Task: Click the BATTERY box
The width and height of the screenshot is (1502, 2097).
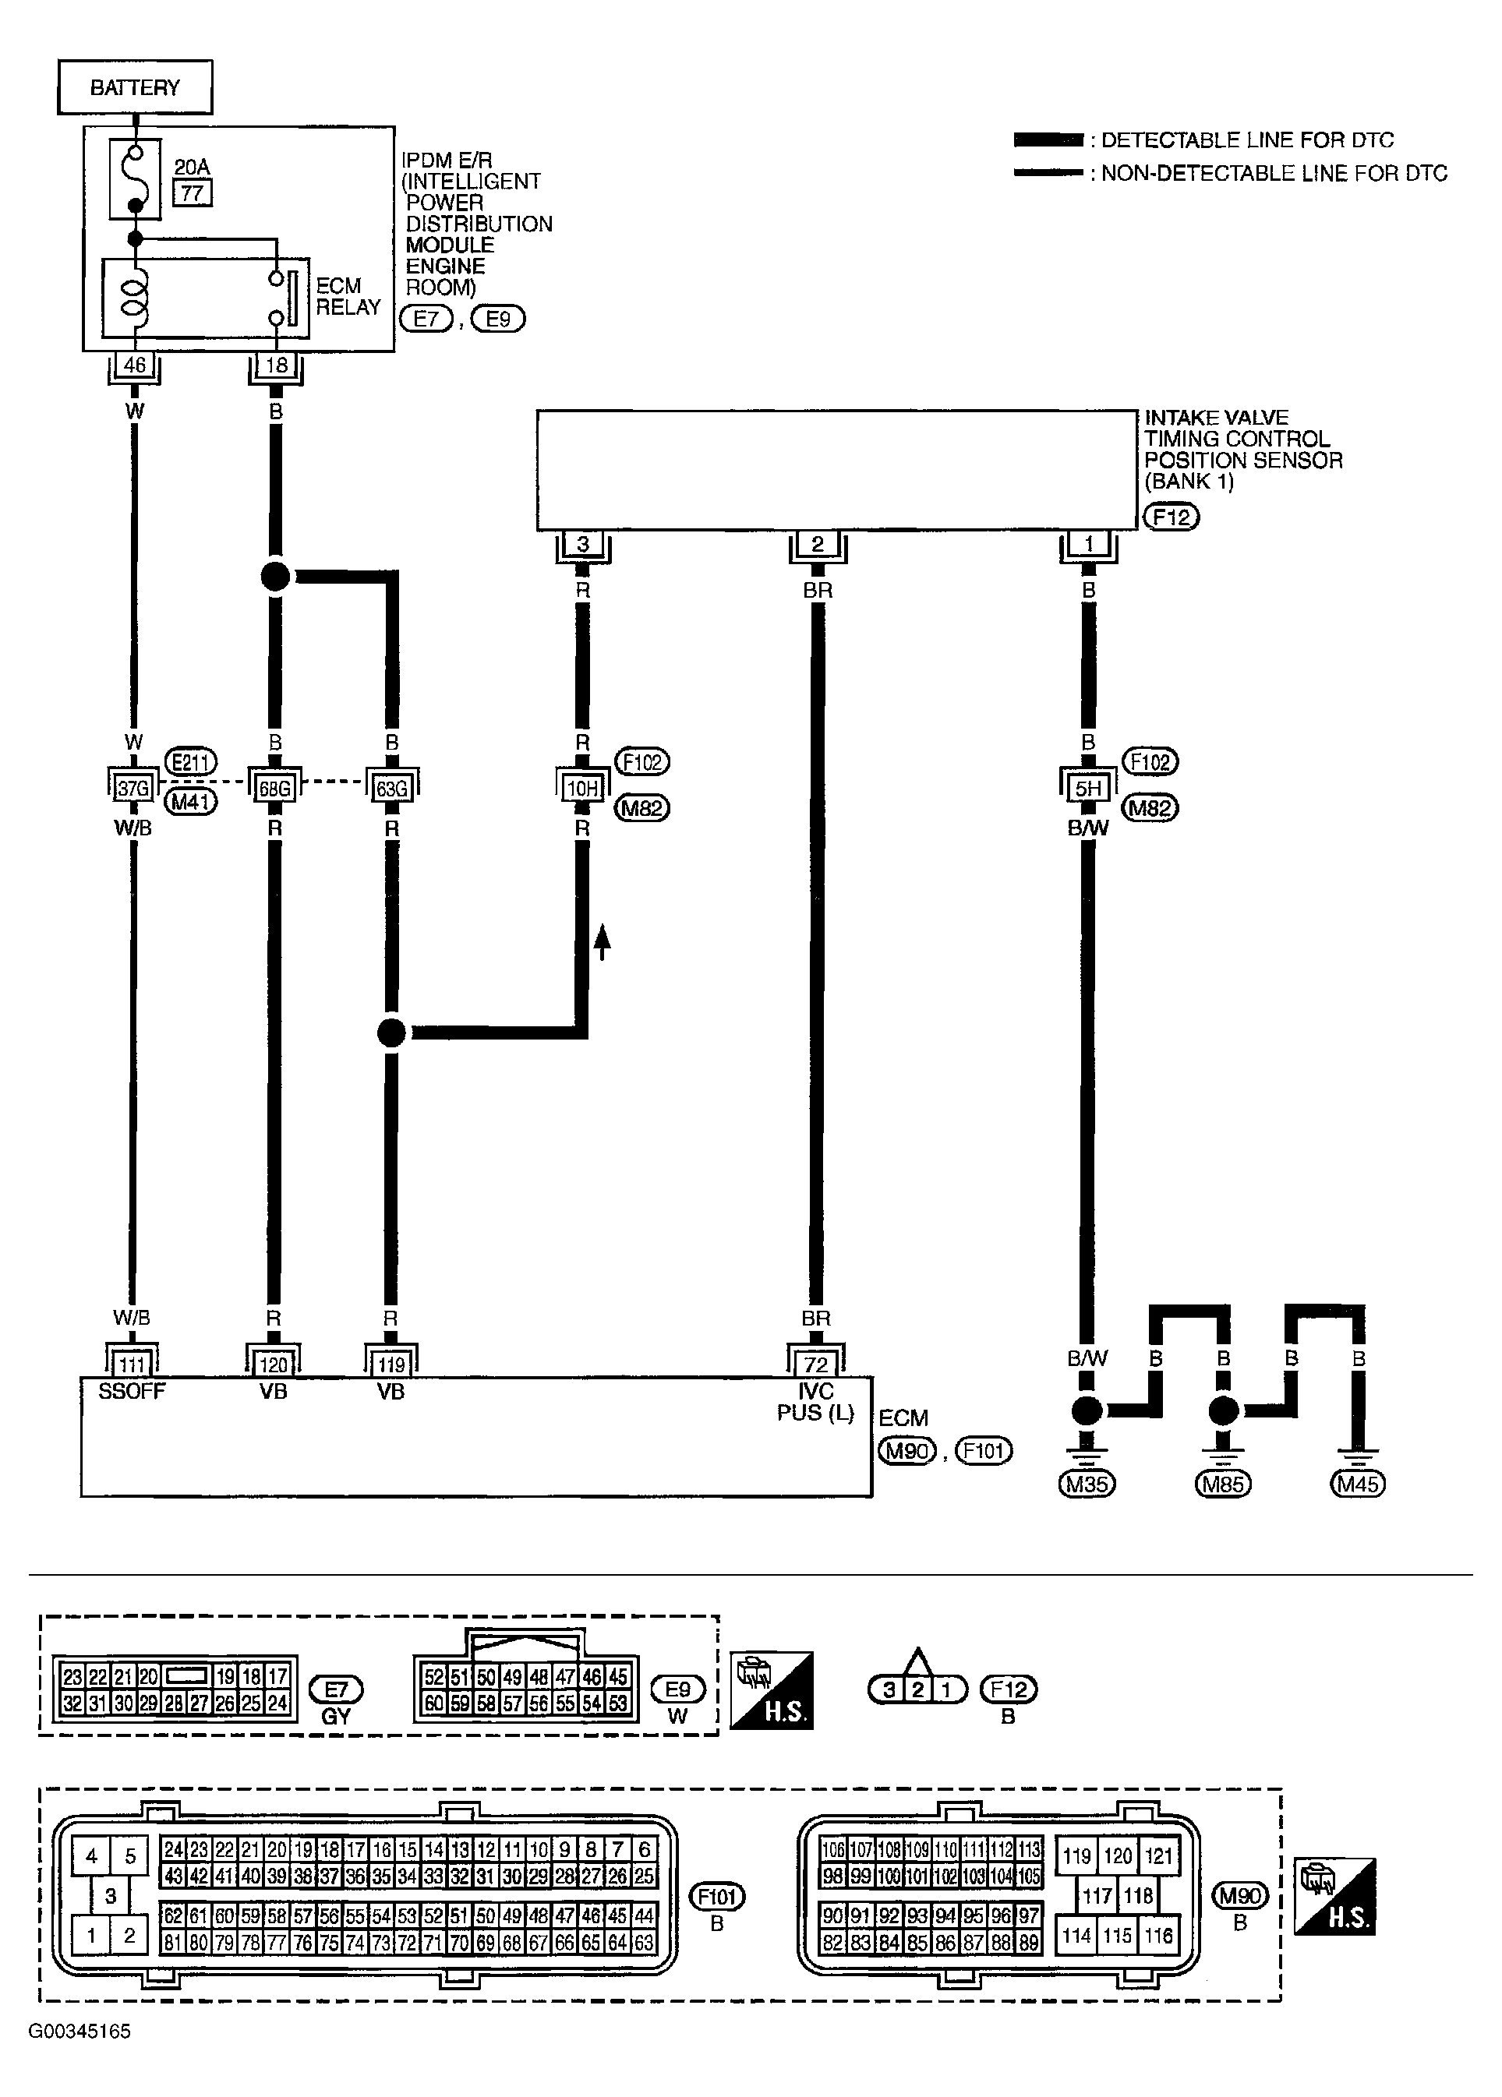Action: [135, 88]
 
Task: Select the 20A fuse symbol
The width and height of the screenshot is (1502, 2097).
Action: [135, 178]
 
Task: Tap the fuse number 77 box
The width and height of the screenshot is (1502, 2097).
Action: [193, 193]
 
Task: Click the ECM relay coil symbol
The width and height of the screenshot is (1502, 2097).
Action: [135, 297]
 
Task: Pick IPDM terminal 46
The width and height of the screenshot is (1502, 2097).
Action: [134, 365]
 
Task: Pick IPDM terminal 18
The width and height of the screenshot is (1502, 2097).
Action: [277, 365]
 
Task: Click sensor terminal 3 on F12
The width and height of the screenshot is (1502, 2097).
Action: [583, 545]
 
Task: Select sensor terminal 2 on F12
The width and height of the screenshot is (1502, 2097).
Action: [818, 545]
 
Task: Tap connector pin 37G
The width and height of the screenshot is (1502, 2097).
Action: [133, 789]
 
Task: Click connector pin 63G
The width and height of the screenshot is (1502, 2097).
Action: [391, 789]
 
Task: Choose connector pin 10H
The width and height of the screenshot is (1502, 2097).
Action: [583, 789]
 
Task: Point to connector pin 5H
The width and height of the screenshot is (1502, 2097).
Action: [1089, 789]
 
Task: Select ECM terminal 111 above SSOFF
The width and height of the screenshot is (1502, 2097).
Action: [133, 1364]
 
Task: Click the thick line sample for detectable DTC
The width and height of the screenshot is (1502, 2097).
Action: [1048, 140]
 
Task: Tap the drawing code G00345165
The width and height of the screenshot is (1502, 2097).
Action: [80, 2032]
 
